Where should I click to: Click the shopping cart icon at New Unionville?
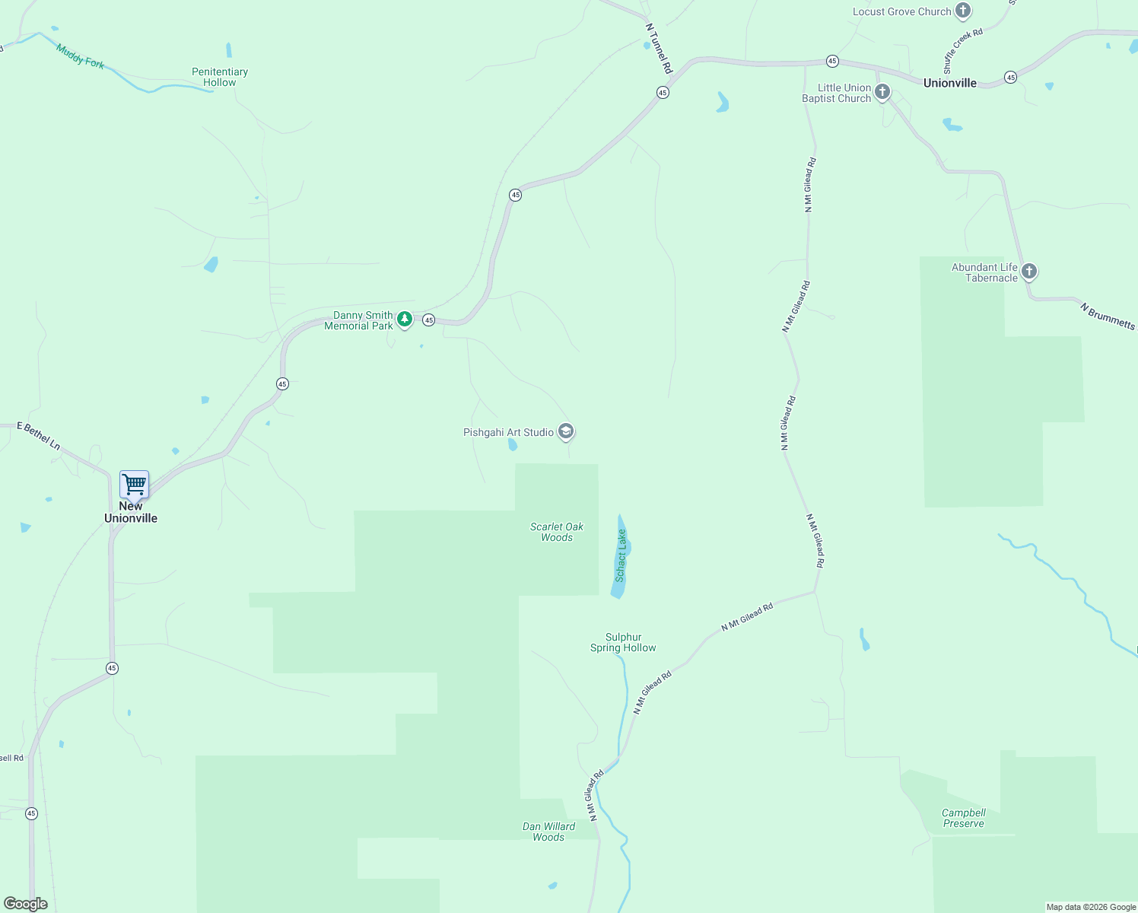[x=134, y=484]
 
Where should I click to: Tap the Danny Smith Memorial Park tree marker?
[x=405, y=320]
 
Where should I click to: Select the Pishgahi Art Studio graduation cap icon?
[x=565, y=431]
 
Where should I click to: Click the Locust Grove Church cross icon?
[x=963, y=11]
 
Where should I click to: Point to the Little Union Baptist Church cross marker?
[x=882, y=93]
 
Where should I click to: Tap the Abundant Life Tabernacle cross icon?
[x=1029, y=272]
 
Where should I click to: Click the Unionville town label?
[x=949, y=83]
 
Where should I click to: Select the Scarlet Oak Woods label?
[x=557, y=532]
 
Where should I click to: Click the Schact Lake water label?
[x=621, y=555]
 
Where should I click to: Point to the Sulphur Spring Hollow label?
[x=623, y=642]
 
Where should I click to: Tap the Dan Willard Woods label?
[x=548, y=832]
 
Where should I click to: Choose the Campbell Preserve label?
[x=963, y=818]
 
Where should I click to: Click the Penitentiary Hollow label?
[x=220, y=77]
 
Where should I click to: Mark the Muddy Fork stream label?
[x=80, y=56]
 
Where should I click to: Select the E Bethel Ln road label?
[x=39, y=436]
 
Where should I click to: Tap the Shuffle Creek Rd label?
[x=963, y=51]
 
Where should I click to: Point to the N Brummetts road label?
[x=1108, y=316]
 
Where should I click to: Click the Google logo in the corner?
[x=26, y=904]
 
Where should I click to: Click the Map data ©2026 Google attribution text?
[x=1091, y=907]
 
